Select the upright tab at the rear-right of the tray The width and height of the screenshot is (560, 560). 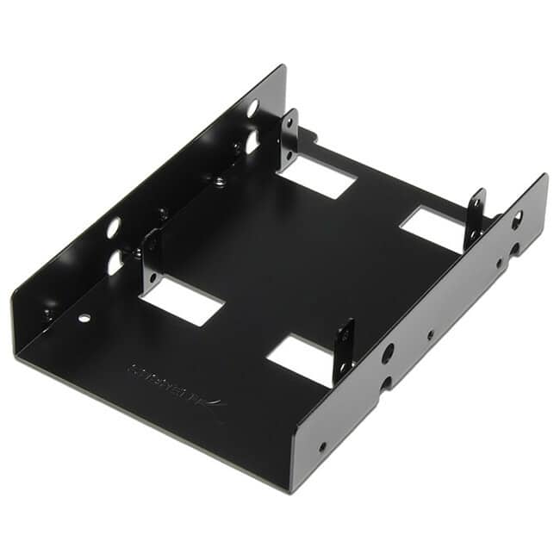(x=476, y=220)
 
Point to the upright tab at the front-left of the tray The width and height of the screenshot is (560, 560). (x=152, y=258)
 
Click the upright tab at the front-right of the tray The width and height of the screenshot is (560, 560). (x=344, y=350)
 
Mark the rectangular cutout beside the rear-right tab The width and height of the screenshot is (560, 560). (x=432, y=229)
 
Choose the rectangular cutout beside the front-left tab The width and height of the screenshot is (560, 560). (x=182, y=300)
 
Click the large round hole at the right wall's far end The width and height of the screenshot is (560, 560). (x=517, y=219)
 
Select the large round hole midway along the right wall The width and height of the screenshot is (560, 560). (x=389, y=352)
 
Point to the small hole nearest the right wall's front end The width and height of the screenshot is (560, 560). (x=322, y=446)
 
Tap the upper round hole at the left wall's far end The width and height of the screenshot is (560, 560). (x=252, y=109)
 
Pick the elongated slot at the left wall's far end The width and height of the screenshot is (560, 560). (x=252, y=141)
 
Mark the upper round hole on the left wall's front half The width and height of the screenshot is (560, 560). (x=114, y=228)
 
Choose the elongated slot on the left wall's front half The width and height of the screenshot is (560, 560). (x=115, y=263)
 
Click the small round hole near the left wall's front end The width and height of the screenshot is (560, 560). (x=84, y=318)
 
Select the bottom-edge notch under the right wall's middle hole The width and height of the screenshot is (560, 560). (x=385, y=383)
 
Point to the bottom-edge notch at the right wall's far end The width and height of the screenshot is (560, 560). (x=514, y=250)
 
